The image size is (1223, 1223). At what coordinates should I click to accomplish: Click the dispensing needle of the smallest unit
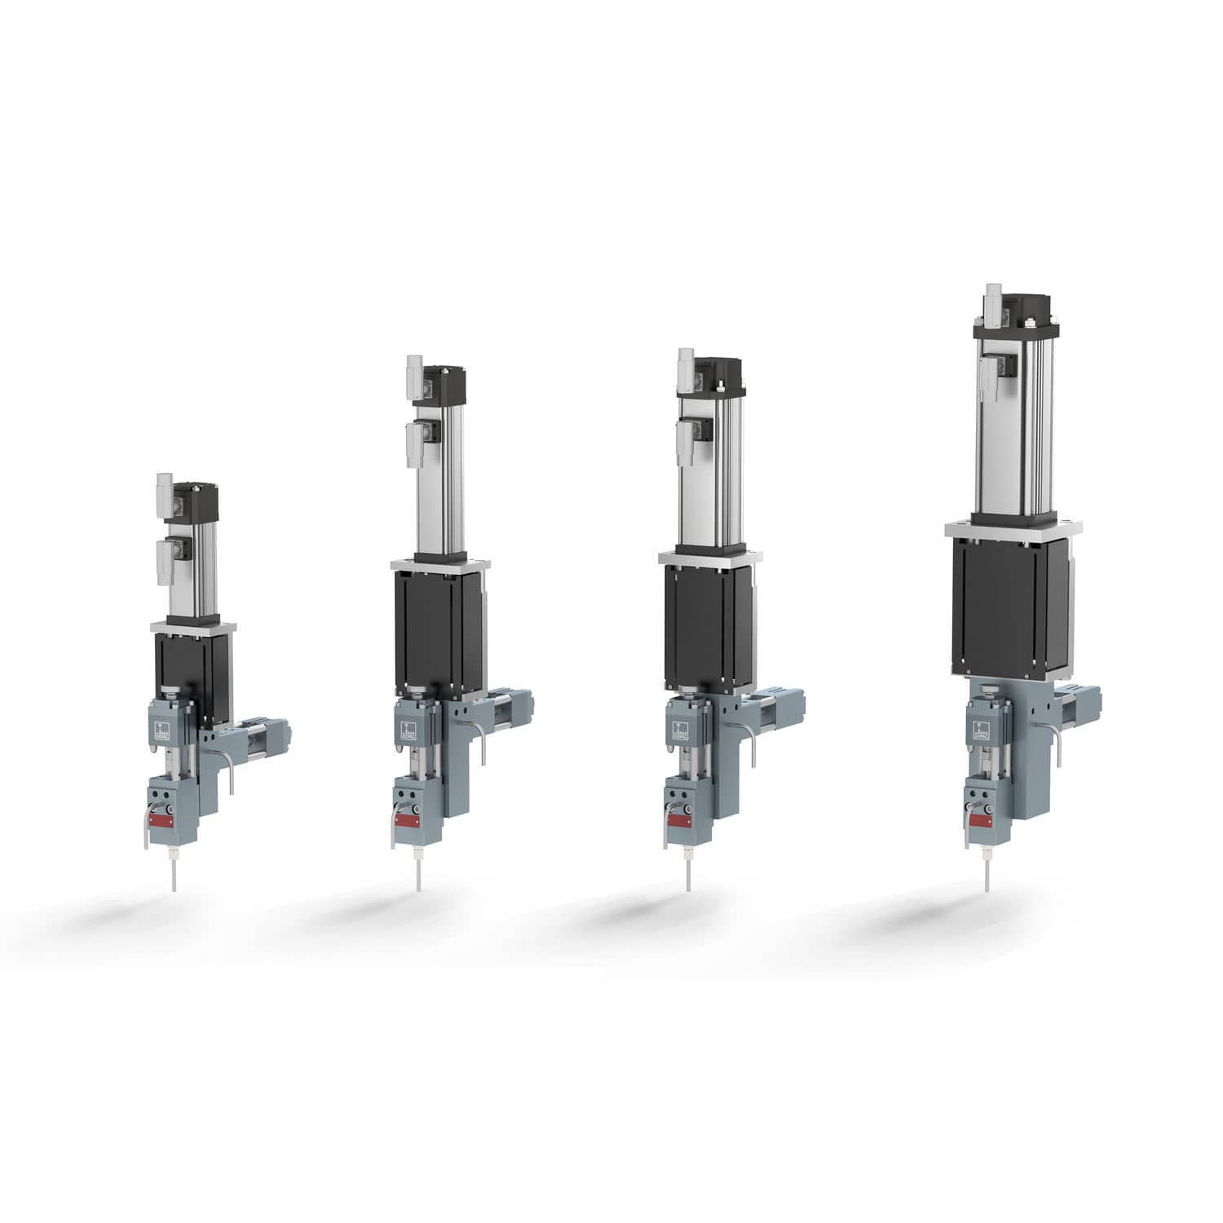(x=172, y=876)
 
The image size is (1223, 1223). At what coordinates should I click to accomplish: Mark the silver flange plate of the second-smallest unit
(x=440, y=565)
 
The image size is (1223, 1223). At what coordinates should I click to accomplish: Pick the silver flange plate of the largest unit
(x=1013, y=528)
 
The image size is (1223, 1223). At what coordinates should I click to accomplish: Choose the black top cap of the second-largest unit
(x=717, y=375)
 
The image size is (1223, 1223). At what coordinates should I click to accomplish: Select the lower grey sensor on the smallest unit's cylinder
(x=166, y=563)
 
